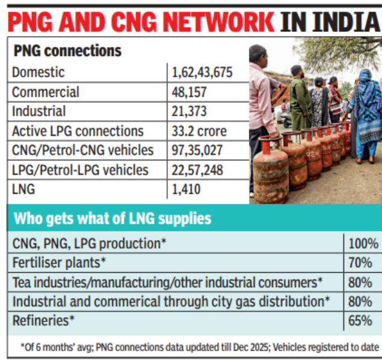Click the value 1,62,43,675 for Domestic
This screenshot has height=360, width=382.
[202, 73]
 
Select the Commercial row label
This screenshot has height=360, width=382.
[45, 92]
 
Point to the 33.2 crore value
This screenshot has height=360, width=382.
[199, 131]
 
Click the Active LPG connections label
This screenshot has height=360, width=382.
[78, 131]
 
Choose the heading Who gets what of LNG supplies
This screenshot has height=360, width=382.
[112, 217]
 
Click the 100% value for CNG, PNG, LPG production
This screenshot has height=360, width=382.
[363, 244]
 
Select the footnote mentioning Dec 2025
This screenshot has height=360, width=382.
[193, 347]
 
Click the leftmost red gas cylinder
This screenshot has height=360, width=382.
[270, 175]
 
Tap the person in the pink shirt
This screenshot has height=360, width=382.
[262, 102]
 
